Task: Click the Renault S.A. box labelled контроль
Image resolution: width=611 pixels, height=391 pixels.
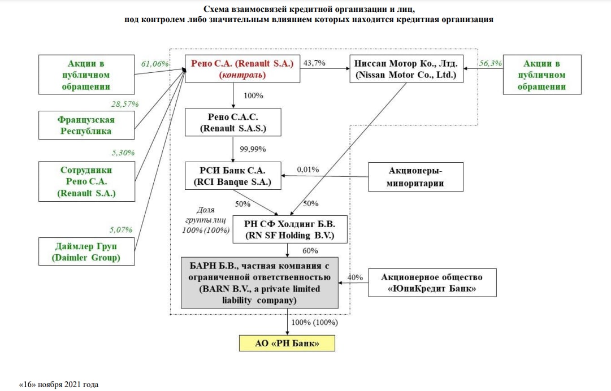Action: point(242,68)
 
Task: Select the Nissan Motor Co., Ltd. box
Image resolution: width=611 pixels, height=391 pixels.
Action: point(406,68)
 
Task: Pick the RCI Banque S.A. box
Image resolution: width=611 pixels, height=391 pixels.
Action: point(233,176)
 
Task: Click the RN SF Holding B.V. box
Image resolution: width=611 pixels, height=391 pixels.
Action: point(288,229)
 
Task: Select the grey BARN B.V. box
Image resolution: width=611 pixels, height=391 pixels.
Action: point(259,283)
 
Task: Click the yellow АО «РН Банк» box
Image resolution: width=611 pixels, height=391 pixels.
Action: point(287,343)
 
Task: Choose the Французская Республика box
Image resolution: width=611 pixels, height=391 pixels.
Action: point(86,125)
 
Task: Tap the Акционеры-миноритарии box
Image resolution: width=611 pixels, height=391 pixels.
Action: point(415,176)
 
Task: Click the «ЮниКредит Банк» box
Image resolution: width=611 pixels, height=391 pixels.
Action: point(432,283)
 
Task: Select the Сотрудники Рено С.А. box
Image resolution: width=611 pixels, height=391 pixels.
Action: point(86,181)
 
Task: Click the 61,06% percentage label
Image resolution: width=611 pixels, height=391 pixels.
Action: point(155,63)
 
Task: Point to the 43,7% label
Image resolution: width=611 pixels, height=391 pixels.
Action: point(314,63)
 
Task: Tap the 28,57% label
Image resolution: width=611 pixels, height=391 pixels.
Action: point(125,105)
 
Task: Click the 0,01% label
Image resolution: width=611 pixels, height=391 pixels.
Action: point(307,169)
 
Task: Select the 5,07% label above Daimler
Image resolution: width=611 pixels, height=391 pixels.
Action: point(121,229)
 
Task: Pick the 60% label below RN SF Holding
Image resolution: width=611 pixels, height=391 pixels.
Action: point(310,250)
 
